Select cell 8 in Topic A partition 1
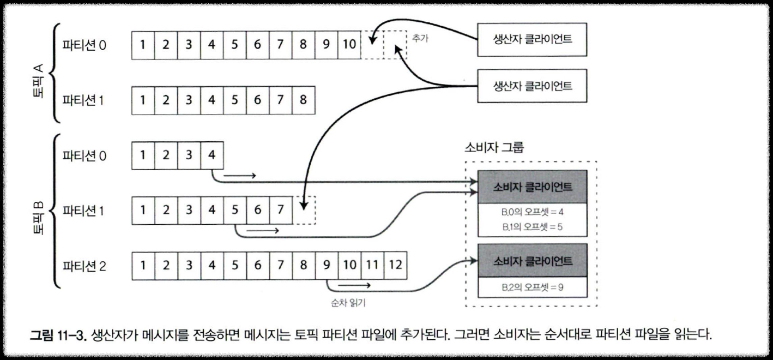(303, 100)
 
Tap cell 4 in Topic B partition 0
(212, 155)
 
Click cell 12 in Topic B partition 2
(395, 266)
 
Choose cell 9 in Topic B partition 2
(326, 266)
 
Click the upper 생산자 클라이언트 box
(532, 40)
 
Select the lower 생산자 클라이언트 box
(532, 86)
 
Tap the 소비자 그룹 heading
(493, 148)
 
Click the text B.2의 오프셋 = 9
(532, 286)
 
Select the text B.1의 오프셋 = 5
(532, 226)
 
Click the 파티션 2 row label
(84, 266)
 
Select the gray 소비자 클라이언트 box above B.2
(532, 260)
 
